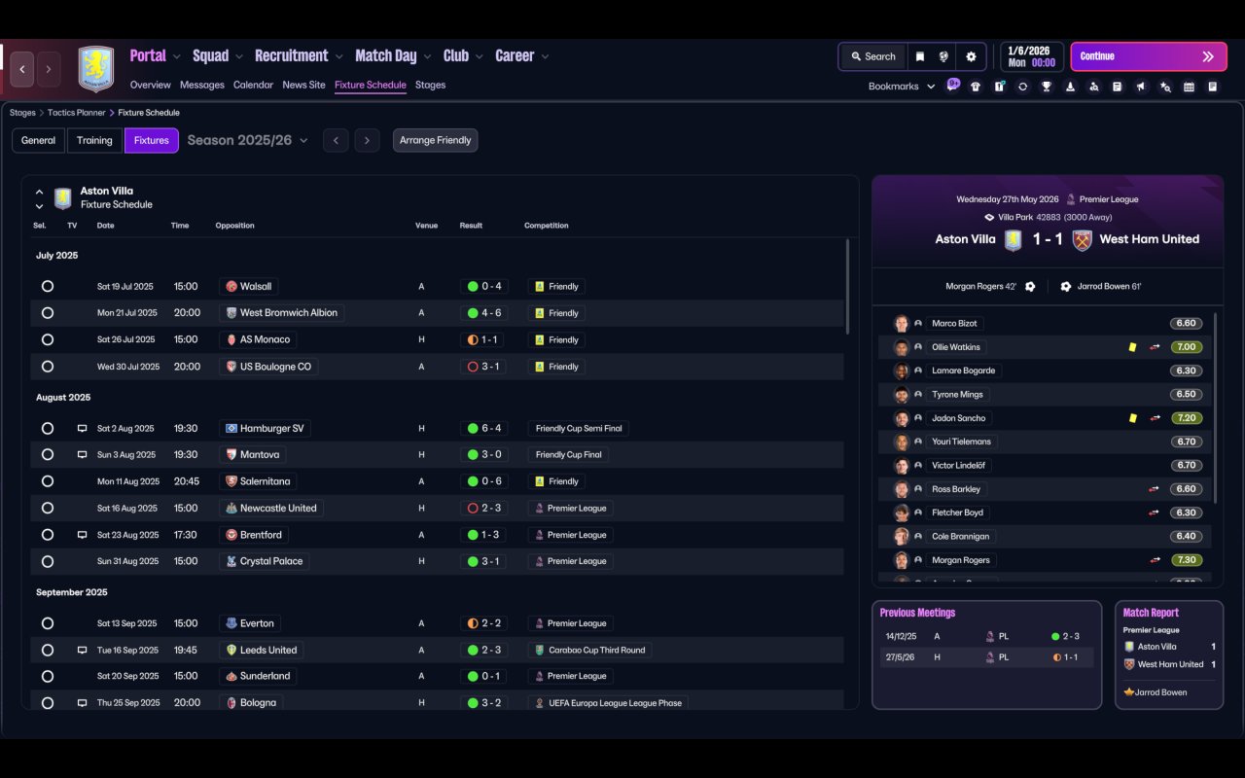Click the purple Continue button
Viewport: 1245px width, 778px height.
[1147, 56]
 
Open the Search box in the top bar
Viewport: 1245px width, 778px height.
[872, 56]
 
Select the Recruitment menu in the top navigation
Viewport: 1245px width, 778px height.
[291, 56]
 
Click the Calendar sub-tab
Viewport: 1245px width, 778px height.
[253, 85]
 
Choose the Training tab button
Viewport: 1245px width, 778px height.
[94, 140]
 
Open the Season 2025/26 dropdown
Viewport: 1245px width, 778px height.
[247, 140]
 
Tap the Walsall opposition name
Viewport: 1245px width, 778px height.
[257, 287]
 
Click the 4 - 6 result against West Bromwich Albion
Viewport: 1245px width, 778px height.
[485, 313]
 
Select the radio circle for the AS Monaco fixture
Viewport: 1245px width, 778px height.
[48, 340]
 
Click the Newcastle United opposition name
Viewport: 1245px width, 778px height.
[278, 508]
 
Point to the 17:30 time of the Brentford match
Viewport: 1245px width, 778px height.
[186, 535]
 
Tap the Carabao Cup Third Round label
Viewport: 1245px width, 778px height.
[589, 650]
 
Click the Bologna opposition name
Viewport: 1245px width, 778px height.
[258, 702]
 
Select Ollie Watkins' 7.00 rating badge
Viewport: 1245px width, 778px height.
[1186, 347]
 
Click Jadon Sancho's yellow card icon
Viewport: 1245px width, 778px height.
[1132, 418]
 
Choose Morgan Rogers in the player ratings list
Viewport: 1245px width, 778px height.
[960, 560]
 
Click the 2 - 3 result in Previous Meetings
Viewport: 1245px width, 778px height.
[1066, 636]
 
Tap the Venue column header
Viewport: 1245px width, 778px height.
[426, 226]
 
